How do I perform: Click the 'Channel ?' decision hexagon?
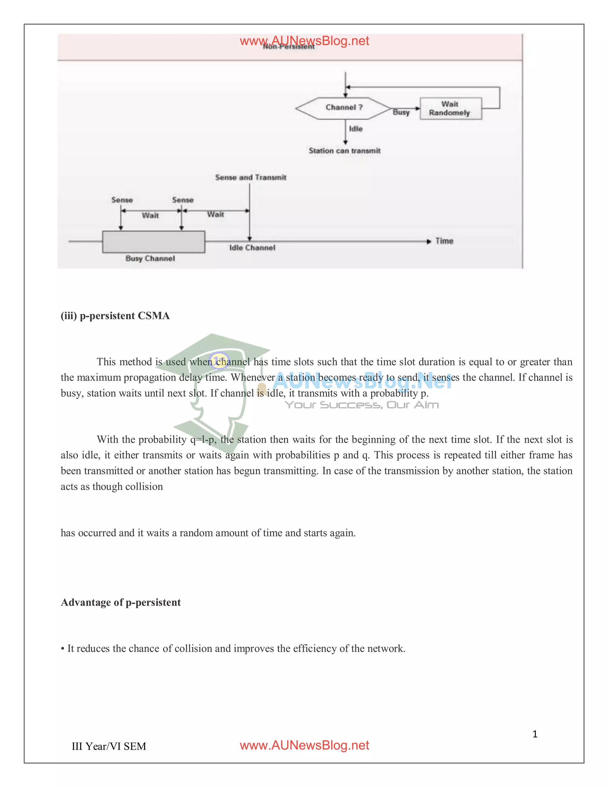pos(343,108)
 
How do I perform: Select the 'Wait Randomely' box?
pos(450,109)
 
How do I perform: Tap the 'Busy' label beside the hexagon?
pos(401,112)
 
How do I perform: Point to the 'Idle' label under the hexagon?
pos(355,129)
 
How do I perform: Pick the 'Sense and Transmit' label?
pos(250,178)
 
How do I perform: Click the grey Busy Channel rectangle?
pos(154,242)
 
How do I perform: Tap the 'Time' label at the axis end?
pos(444,241)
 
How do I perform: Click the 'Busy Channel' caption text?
pos(150,258)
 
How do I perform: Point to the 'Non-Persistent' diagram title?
pos(289,47)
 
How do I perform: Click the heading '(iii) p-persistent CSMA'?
pos(115,316)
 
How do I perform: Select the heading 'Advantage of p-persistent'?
pos(120,602)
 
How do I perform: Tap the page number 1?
pos(535,734)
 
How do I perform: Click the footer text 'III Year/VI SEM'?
pos(109,746)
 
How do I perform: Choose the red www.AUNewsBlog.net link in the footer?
pos(304,745)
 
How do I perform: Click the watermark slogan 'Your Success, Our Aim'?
pos(362,405)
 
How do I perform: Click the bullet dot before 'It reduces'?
pos(63,649)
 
